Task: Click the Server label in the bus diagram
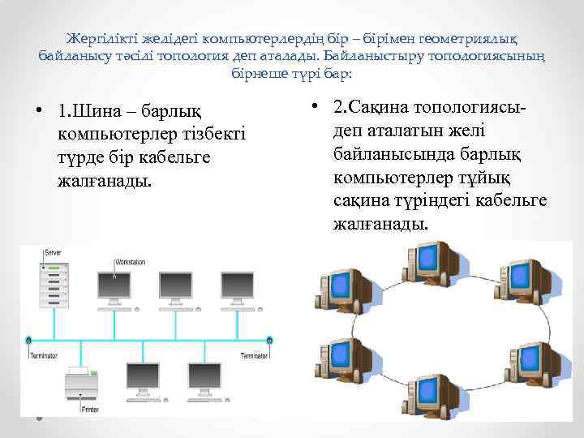click(52, 253)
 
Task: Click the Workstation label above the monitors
click(130, 262)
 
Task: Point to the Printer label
click(90, 409)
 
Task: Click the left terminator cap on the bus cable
click(29, 339)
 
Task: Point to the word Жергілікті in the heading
click(104, 39)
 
